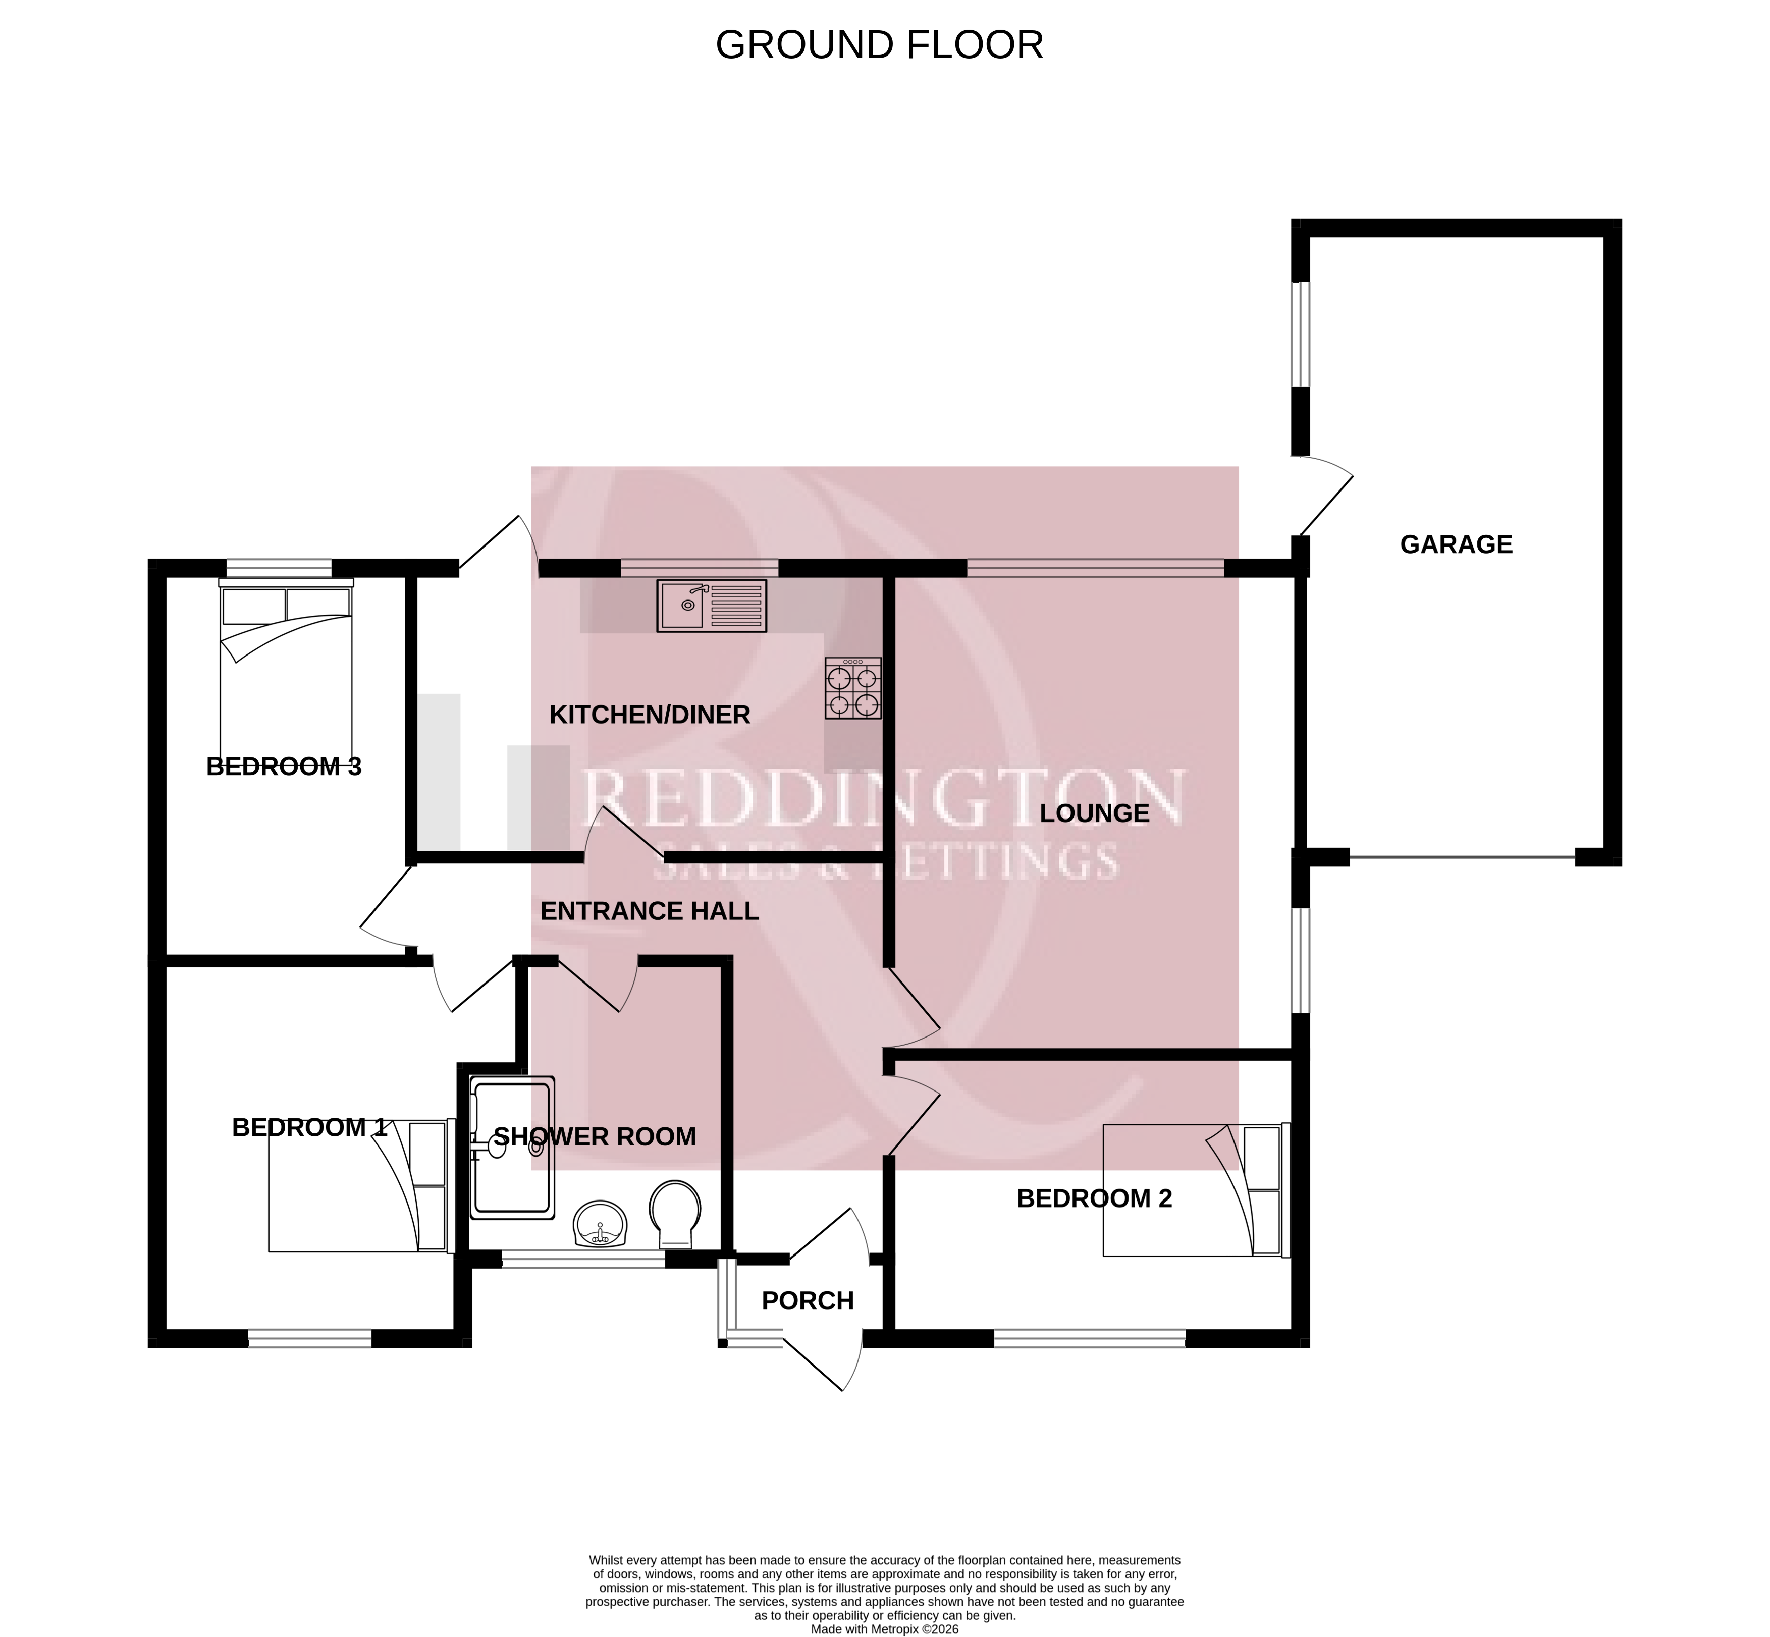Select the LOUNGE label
click(x=1094, y=812)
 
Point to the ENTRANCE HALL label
click(x=650, y=911)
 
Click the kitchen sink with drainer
click(x=711, y=606)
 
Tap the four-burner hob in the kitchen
click(x=853, y=687)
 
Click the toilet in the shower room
click(x=675, y=1214)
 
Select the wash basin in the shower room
click(x=601, y=1224)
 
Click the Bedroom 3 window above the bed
click(x=279, y=568)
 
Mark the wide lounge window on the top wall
click(x=1096, y=568)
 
